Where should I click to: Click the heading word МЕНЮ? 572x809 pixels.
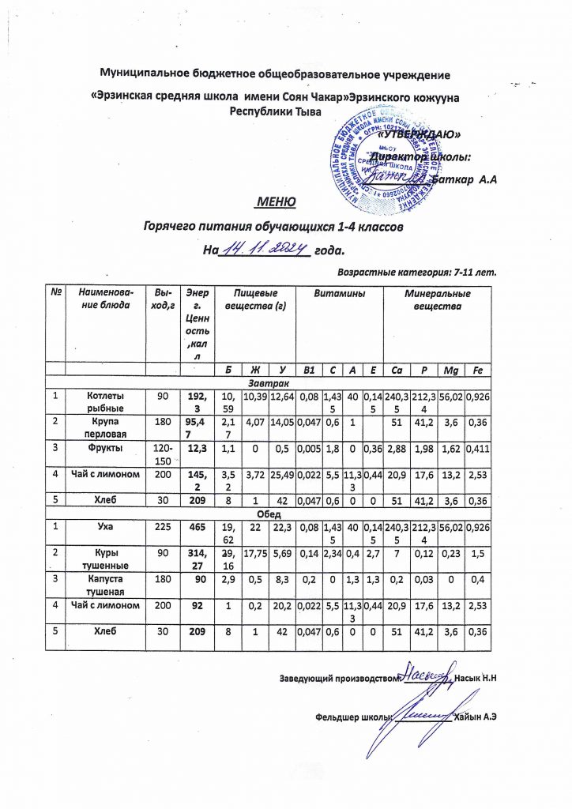pos(274,203)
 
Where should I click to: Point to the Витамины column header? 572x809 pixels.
pos(339,293)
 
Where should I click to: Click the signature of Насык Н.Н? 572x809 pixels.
pos(424,676)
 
